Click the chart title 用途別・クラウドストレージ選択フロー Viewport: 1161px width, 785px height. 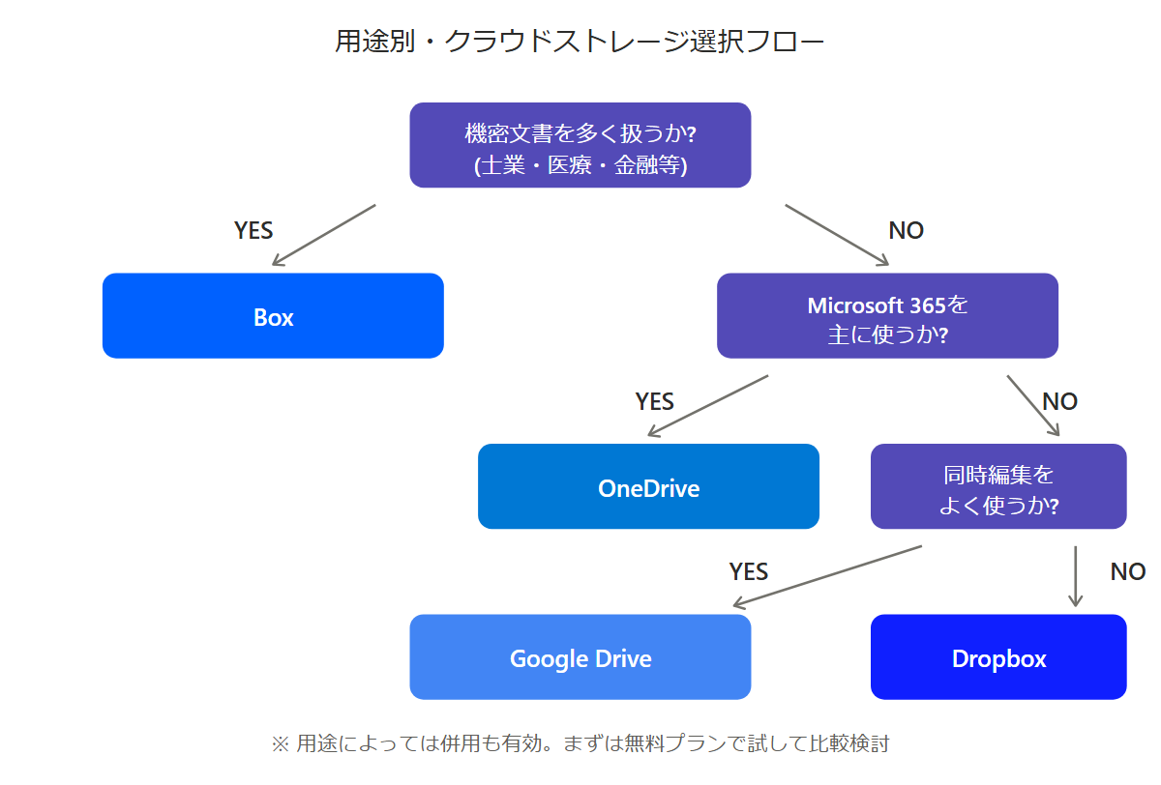point(580,42)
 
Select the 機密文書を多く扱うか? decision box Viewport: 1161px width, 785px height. point(580,145)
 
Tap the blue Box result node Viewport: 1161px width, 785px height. point(273,316)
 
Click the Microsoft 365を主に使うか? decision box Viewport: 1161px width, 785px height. point(887,316)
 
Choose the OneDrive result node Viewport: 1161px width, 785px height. point(648,486)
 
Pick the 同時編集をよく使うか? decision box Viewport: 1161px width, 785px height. point(998,486)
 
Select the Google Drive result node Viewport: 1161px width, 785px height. point(580,656)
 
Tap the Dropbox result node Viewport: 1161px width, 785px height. point(998,656)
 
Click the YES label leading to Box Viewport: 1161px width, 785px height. point(253,230)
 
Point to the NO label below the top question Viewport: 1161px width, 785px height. point(906,230)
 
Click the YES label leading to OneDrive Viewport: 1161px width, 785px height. point(655,401)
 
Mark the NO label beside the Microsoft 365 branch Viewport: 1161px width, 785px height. point(1060,401)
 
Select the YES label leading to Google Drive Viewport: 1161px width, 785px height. point(749,571)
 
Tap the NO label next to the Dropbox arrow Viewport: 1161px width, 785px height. point(1128,571)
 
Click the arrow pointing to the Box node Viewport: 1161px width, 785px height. point(324,235)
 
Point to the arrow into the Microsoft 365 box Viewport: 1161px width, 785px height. point(837,235)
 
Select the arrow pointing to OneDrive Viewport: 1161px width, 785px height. point(708,406)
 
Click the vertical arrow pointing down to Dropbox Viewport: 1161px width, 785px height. point(1076,576)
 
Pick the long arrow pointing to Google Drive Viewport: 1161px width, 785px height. point(828,576)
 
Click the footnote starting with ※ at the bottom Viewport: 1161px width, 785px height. point(580,743)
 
